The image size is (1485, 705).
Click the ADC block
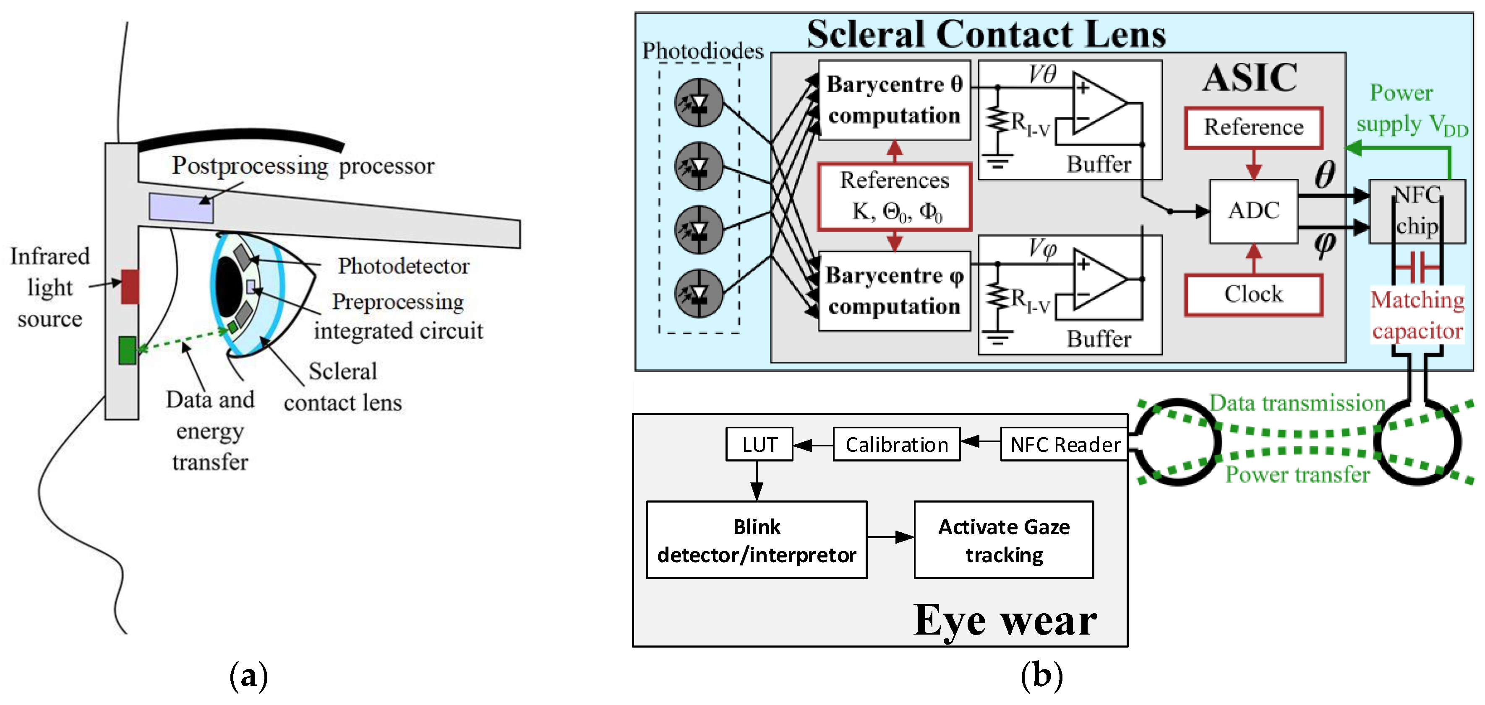tap(1253, 211)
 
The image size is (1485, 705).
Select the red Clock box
tap(1253, 294)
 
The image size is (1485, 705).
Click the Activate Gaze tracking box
tap(1004, 540)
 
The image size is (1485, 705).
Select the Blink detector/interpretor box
tap(756, 540)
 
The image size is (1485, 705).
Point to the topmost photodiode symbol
tap(699, 103)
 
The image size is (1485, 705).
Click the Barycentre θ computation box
tap(894, 100)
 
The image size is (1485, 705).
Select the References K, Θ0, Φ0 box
tap(894, 197)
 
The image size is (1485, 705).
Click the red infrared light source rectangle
tap(130, 286)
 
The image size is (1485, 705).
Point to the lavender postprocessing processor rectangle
tap(181, 207)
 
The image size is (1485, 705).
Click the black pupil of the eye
tap(229, 286)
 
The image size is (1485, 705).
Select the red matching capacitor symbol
tap(1417, 267)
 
